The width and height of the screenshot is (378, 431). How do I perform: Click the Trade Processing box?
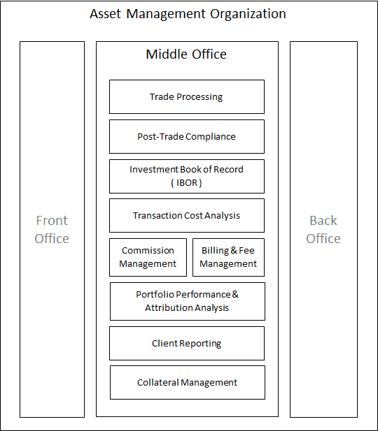coord(187,97)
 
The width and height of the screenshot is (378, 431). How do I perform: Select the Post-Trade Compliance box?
coord(187,137)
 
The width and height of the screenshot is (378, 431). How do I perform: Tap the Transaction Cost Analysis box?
coord(187,215)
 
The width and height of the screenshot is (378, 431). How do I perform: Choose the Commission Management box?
coord(148,257)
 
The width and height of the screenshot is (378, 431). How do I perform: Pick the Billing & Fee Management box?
coord(228,257)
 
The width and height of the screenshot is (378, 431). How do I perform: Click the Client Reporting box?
coord(187,343)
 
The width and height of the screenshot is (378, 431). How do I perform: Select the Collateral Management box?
coord(188,382)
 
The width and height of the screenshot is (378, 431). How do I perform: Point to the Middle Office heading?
coord(186,54)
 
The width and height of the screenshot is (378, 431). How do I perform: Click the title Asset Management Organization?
coord(188,14)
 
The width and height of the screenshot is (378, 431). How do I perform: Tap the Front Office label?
coord(52,229)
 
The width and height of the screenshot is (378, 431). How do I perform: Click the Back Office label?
coord(323,229)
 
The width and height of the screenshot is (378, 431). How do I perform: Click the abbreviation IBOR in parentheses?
coord(187,182)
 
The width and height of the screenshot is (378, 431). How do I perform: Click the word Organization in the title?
coord(248,14)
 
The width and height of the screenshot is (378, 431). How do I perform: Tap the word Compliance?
coord(211,137)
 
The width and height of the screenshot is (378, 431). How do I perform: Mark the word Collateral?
coord(158,382)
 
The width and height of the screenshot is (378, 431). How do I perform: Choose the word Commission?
coord(148,250)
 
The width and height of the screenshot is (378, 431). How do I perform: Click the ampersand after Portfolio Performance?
coord(235,294)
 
